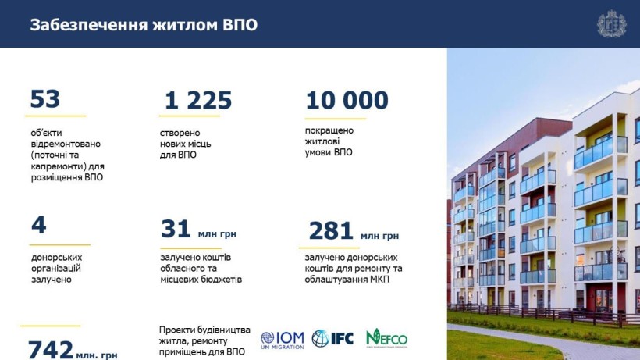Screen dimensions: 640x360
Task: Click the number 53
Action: [x=45, y=98]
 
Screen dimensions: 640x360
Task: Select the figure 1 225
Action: [x=198, y=101]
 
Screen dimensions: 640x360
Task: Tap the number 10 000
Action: [x=347, y=101]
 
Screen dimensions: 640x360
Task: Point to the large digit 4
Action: [x=39, y=225]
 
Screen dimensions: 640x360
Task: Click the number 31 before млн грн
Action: [x=176, y=229]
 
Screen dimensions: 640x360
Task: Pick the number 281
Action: [x=331, y=230]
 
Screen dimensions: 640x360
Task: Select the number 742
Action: [x=51, y=350]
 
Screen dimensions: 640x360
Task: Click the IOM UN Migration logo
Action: [x=283, y=340]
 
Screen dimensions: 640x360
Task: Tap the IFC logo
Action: [x=332, y=338]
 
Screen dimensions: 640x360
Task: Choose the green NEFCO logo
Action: [x=386, y=338]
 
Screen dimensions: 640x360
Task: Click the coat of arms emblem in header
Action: [x=611, y=23]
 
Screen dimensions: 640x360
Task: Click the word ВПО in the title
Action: [x=240, y=25]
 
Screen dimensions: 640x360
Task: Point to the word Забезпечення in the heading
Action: [x=88, y=25]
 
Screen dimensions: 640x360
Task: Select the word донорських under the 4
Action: [x=57, y=258]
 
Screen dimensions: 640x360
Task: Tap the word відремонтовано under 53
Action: [x=66, y=144]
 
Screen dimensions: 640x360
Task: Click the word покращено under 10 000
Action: [x=329, y=130]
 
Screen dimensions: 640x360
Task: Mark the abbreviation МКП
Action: [x=379, y=280]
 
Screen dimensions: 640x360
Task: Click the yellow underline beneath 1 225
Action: [x=190, y=116]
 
